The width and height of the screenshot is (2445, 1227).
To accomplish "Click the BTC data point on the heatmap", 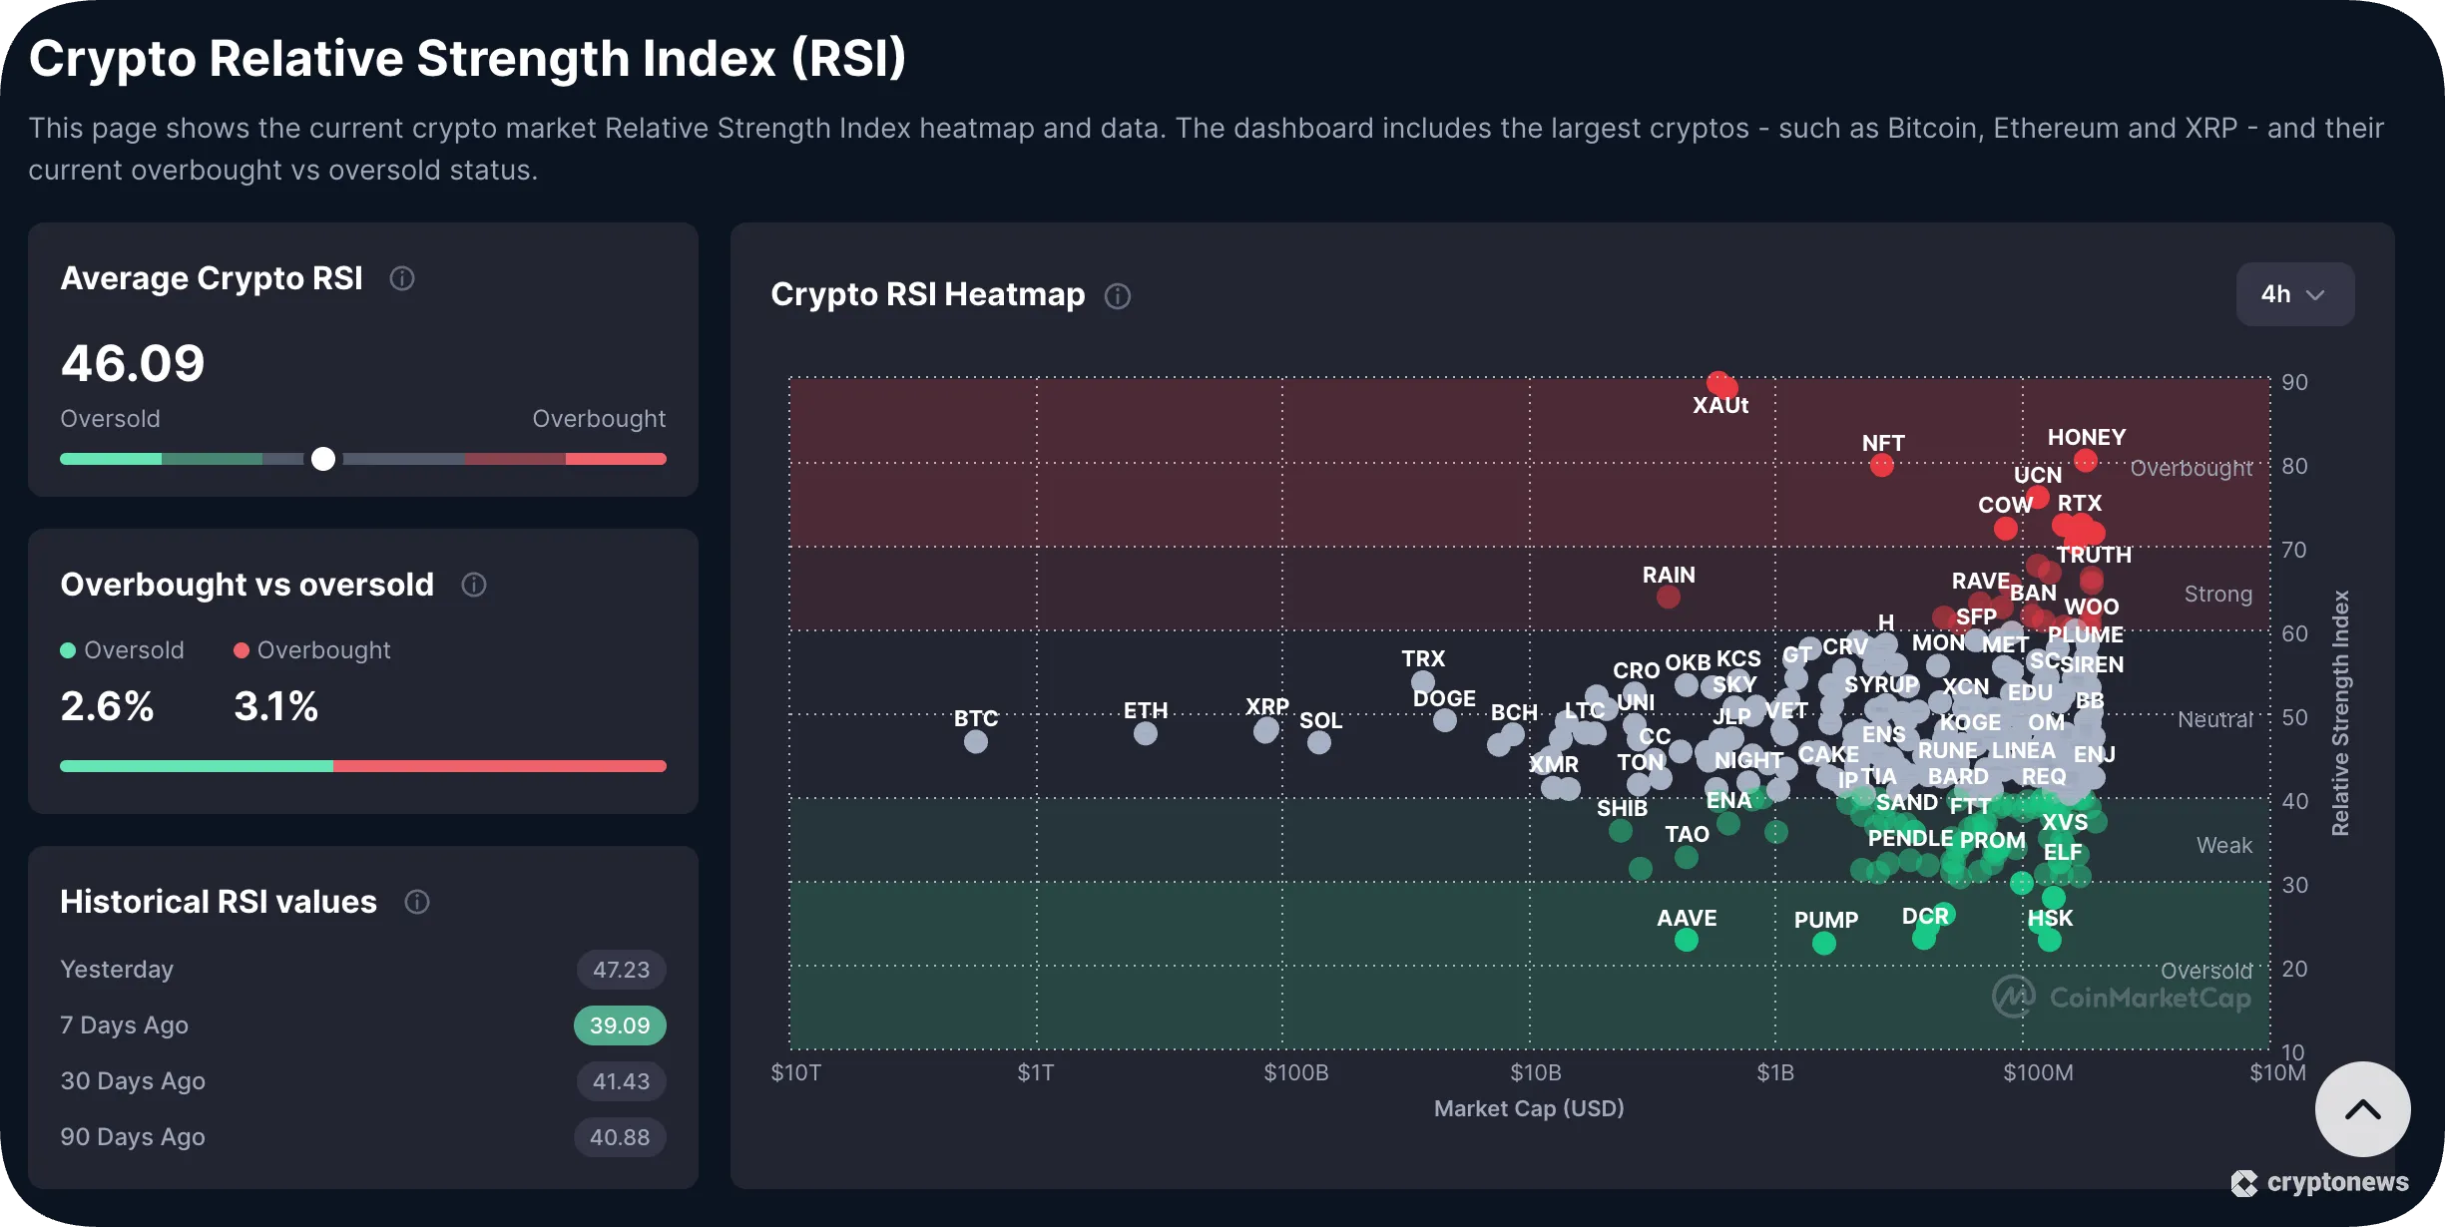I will click(x=976, y=742).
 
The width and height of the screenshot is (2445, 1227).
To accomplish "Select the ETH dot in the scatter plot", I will click(x=1146, y=734).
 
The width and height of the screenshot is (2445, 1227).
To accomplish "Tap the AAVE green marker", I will click(x=1687, y=940).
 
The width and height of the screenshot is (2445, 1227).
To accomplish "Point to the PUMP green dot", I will click(x=1824, y=943).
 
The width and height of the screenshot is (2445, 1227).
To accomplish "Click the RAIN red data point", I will click(x=1669, y=598).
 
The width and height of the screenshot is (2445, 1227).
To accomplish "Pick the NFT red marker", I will click(x=1882, y=465).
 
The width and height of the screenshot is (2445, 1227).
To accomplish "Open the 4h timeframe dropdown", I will click(x=2294, y=294).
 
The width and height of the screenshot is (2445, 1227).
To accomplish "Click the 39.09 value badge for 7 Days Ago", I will click(x=620, y=1025).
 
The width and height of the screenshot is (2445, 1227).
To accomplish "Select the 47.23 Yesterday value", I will click(x=621, y=970).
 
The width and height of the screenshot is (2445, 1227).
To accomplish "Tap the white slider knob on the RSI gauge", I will click(x=323, y=459).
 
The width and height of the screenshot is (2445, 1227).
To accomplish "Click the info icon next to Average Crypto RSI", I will click(x=402, y=278).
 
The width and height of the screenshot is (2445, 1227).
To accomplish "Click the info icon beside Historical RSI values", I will click(x=417, y=902).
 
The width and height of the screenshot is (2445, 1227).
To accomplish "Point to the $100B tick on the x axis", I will click(x=1295, y=1073).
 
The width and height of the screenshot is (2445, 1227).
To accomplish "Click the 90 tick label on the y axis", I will click(x=2294, y=382).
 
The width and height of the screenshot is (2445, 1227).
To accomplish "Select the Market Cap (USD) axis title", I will click(x=1529, y=1108).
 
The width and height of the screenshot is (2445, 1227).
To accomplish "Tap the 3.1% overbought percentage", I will click(x=275, y=706).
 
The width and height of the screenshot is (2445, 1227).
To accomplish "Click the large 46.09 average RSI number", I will click(x=133, y=363).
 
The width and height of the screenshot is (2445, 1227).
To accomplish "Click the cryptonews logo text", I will click(x=2337, y=1182).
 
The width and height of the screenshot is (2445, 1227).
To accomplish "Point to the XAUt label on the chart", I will click(x=1720, y=405).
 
